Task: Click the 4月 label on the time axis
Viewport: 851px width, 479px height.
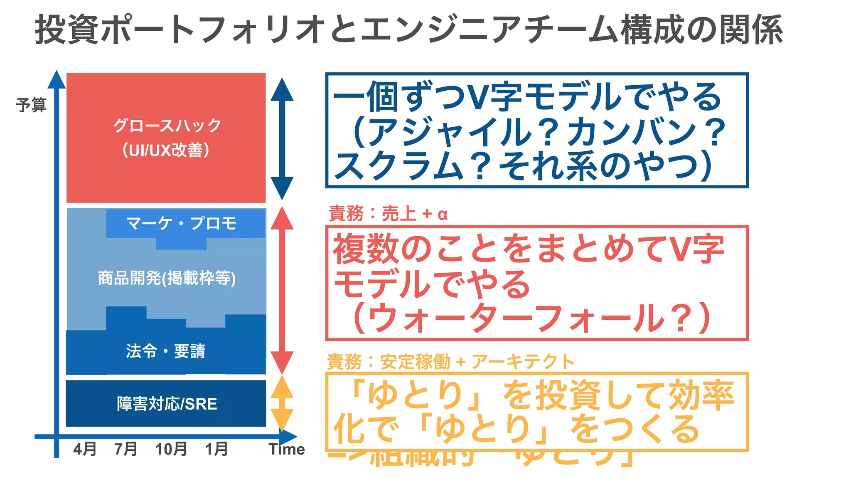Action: coord(85,449)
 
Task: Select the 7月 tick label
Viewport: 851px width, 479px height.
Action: coord(126,449)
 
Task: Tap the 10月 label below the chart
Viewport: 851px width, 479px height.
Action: coord(171,449)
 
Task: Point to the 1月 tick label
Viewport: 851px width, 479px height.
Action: coord(216,449)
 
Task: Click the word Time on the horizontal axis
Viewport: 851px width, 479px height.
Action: coord(287,449)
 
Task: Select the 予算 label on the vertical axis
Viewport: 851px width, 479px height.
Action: coord(31,105)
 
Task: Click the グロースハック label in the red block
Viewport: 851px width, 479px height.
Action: coord(167,125)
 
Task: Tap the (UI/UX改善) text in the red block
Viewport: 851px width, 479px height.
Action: coord(166,150)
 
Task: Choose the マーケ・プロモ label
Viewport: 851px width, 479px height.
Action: coord(182,223)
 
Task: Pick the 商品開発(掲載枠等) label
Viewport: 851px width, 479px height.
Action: coord(167,278)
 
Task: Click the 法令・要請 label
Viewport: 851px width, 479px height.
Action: coord(166,351)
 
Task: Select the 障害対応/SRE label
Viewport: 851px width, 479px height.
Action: coord(167,404)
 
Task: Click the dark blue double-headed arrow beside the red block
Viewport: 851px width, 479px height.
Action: coord(282,138)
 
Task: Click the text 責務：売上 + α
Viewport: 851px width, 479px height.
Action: coord(388,214)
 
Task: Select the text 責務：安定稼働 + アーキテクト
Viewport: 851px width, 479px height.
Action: coord(450,362)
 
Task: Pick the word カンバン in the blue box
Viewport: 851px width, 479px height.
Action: coord(632,132)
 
